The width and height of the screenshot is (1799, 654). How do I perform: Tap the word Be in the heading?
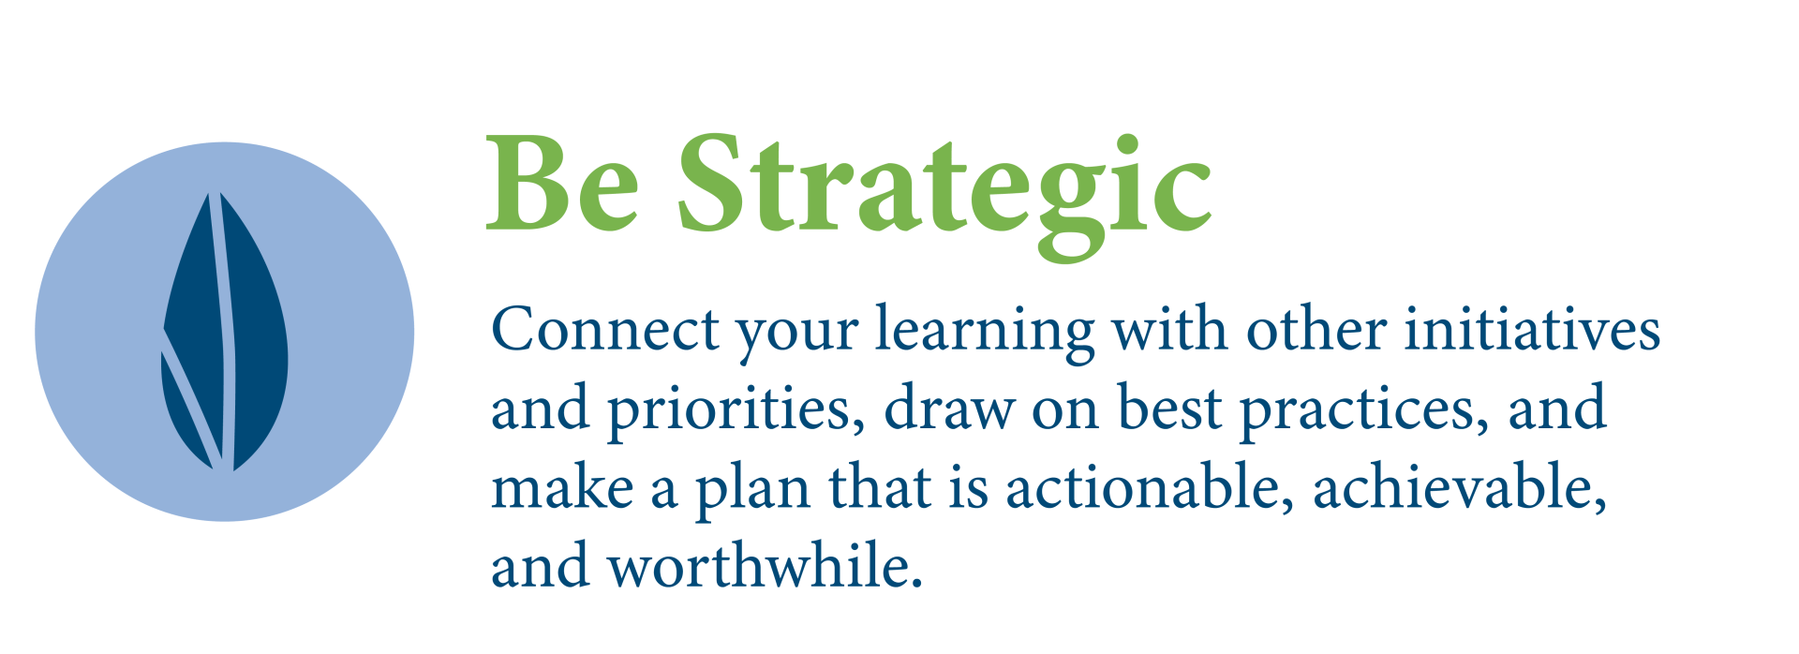point(562,184)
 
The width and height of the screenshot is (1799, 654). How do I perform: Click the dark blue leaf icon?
point(225,332)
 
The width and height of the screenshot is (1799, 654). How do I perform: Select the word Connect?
point(605,330)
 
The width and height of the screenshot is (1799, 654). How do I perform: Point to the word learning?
point(985,334)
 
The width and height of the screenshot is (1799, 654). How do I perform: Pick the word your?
point(797,339)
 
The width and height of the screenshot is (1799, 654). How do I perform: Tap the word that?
point(879,487)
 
